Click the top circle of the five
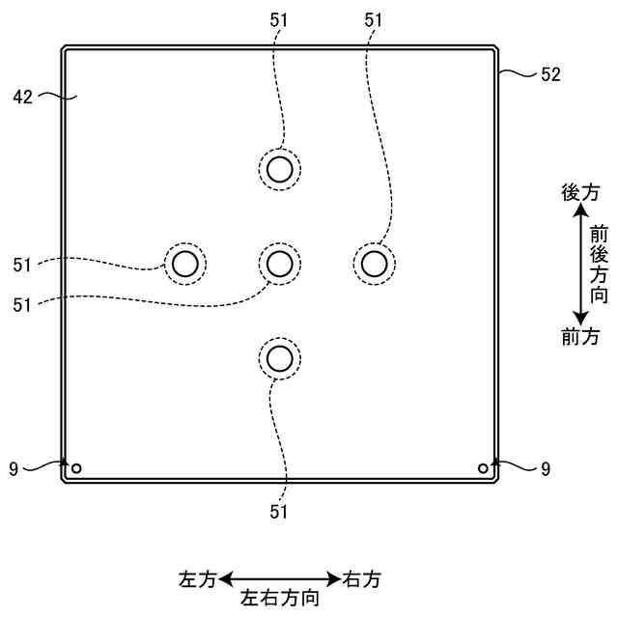[x=280, y=170]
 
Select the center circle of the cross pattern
[x=280, y=262]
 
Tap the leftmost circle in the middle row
[x=184, y=262]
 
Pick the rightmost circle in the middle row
[x=373, y=262]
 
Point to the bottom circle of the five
[x=280, y=359]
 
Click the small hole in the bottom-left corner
[x=76, y=469]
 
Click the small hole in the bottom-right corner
[x=484, y=468]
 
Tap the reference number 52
[x=550, y=73]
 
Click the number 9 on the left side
[x=14, y=469]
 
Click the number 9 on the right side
[x=546, y=469]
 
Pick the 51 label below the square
[x=279, y=512]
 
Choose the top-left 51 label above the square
[x=279, y=18]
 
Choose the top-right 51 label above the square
[x=374, y=18]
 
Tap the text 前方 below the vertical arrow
[x=580, y=337]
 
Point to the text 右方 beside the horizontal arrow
[x=362, y=579]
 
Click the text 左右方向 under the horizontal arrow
[x=280, y=598]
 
